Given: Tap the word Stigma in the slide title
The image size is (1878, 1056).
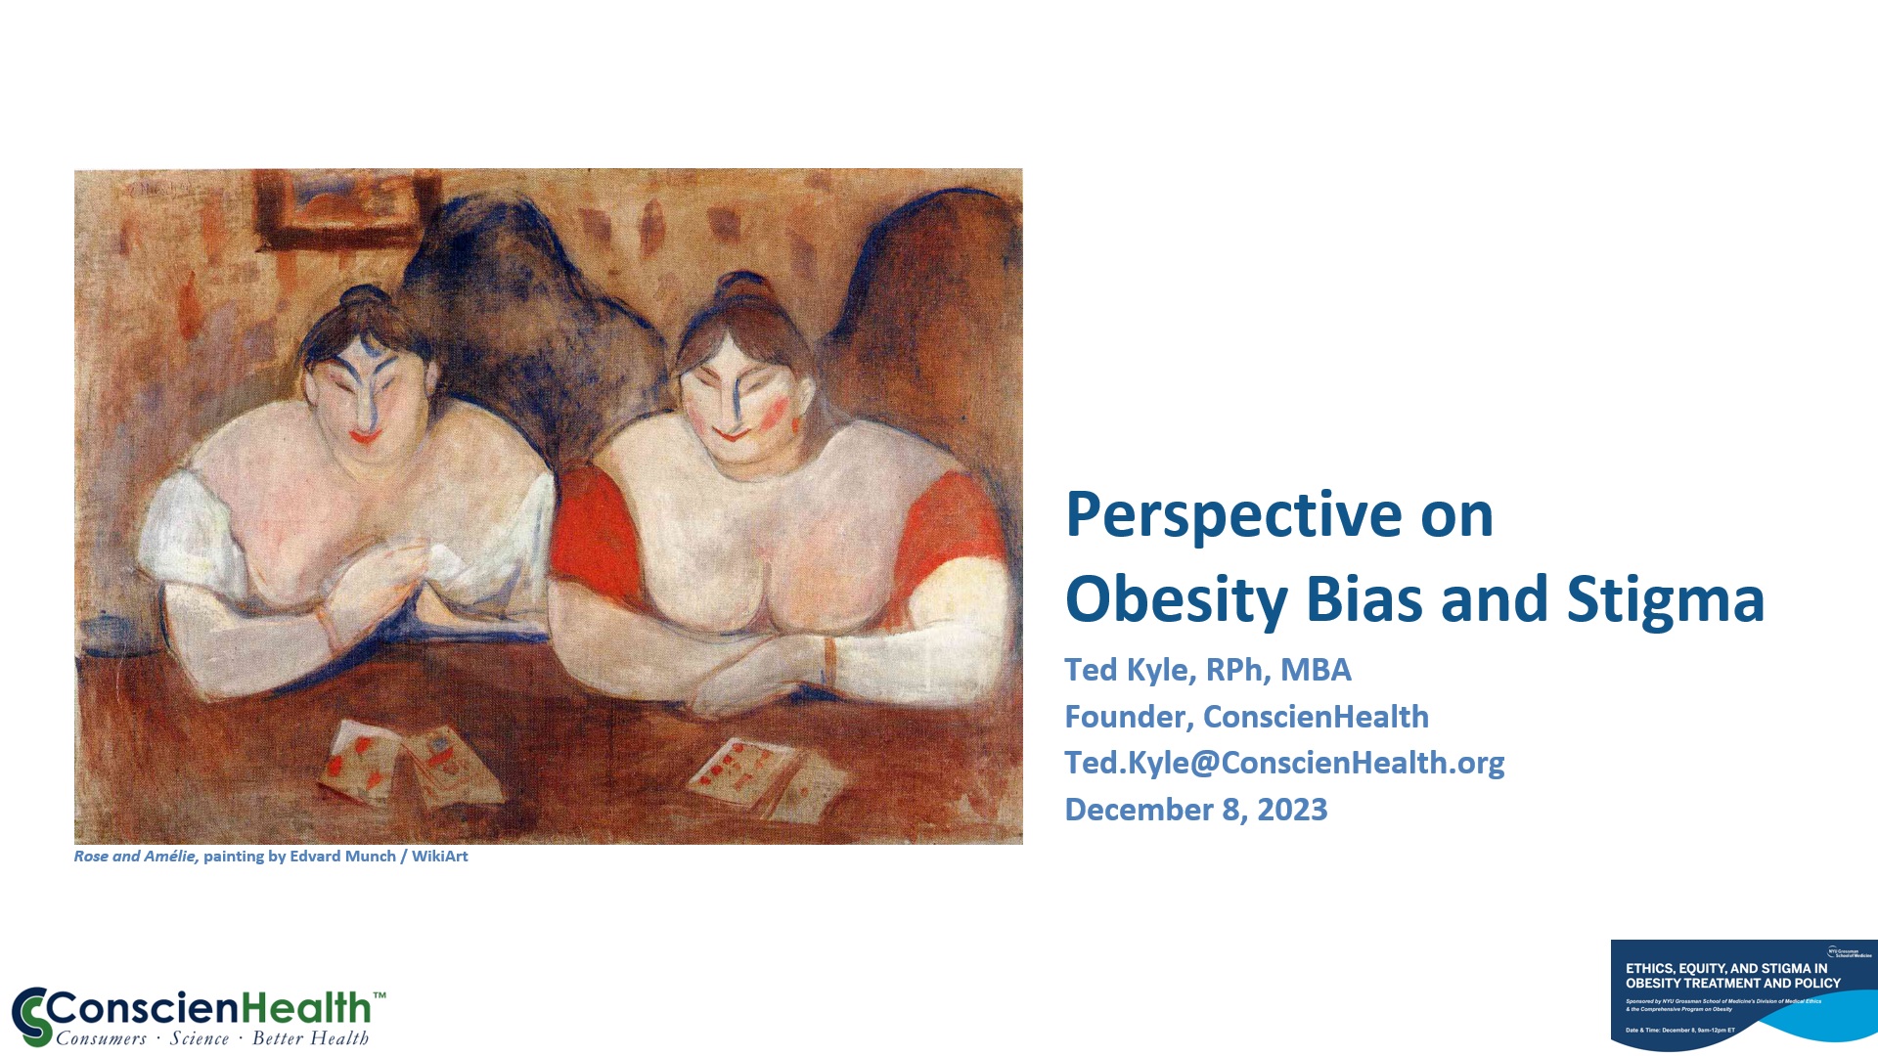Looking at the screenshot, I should (x=1665, y=599).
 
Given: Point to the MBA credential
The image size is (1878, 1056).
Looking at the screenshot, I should (x=1316, y=670).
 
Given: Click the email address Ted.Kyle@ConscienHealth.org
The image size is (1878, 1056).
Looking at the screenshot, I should (x=1283, y=763).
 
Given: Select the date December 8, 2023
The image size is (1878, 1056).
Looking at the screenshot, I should (x=1195, y=810).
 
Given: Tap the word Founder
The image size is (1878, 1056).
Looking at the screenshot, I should (x=1125, y=717).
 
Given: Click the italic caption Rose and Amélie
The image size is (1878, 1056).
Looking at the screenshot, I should (x=135, y=857).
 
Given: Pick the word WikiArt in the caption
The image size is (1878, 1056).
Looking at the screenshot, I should (x=439, y=857).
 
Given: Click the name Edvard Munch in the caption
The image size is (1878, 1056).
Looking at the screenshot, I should (x=342, y=857).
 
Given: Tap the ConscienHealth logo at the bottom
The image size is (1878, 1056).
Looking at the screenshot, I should (x=199, y=1017).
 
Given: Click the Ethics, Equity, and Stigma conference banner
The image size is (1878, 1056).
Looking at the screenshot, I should (x=1743, y=995).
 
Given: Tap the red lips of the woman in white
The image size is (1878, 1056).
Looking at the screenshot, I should (x=365, y=435).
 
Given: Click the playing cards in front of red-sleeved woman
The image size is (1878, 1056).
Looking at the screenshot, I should (x=763, y=777).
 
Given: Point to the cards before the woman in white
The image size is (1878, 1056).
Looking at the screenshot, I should (x=411, y=763).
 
